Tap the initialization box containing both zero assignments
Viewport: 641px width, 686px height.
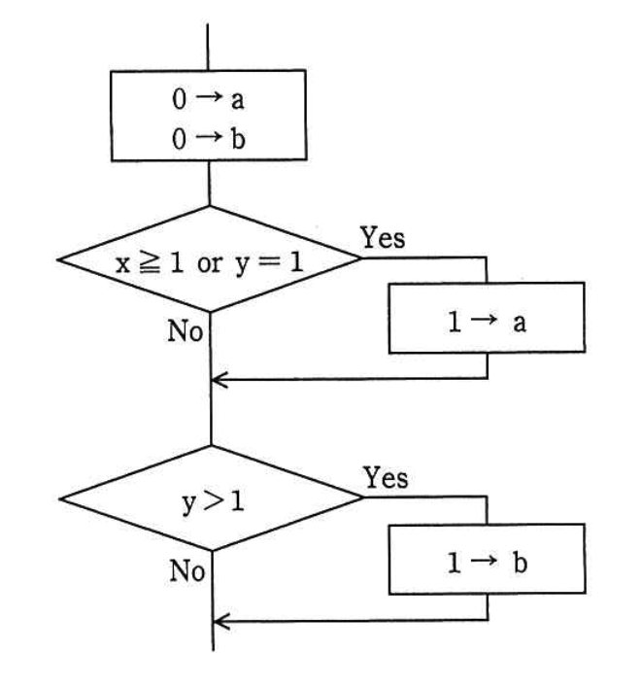pos(210,119)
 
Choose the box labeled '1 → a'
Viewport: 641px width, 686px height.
pos(487,318)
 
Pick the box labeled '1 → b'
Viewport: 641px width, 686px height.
pos(487,561)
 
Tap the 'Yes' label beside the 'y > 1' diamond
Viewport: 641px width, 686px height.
pos(386,477)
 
